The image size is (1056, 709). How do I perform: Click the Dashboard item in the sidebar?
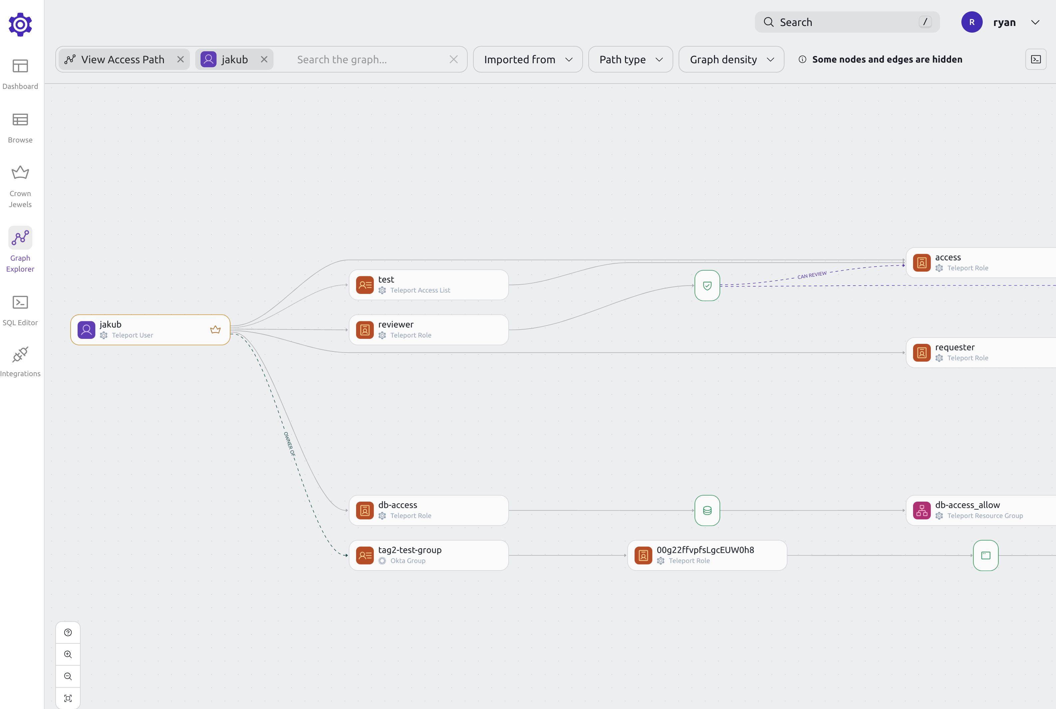pyautogui.click(x=20, y=74)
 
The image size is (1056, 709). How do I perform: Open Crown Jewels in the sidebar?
pyautogui.click(x=20, y=186)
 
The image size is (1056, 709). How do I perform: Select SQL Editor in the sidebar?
pyautogui.click(x=20, y=310)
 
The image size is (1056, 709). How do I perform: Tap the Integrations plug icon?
pyautogui.click(x=20, y=355)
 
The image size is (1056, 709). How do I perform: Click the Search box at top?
pyautogui.click(x=846, y=22)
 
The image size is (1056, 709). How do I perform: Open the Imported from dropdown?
pyautogui.click(x=528, y=59)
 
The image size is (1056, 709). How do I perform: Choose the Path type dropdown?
pyautogui.click(x=630, y=59)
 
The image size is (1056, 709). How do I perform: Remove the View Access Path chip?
pyautogui.click(x=181, y=59)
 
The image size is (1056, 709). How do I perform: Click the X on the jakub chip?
pyautogui.click(x=264, y=59)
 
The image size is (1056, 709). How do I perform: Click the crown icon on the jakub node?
pyautogui.click(x=215, y=330)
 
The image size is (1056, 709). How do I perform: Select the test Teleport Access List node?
pyautogui.click(x=428, y=285)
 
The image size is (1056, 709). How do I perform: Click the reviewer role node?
pyautogui.click(x=428, y=330)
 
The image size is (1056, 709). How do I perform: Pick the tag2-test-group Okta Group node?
pyautogui.click(x=428, y=555)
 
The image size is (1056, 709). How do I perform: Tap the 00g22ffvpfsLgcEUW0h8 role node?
pyautogui.click(x=707, y=555)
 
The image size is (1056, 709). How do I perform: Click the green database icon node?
pyautogui.click(x=707, y=511)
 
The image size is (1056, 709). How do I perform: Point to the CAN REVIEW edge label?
pyautogui.click(x=812, y=275)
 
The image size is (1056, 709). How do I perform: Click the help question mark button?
pyautogui.click(x=68, y=632)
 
